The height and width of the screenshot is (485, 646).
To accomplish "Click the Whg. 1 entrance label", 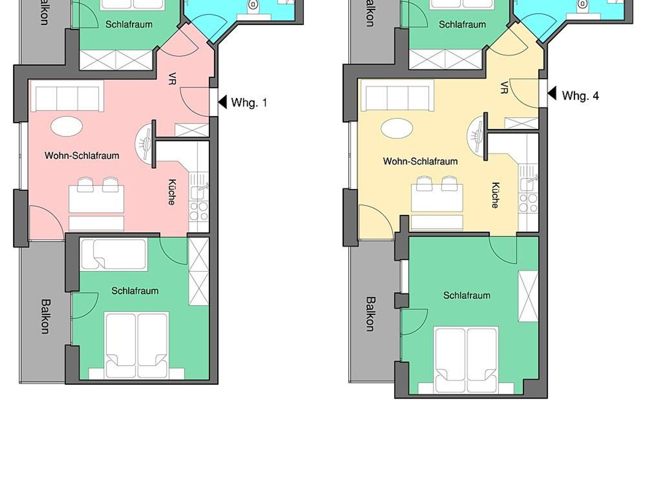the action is [x=249, y=103].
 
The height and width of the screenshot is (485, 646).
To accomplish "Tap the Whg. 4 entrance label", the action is [x=580, y=96].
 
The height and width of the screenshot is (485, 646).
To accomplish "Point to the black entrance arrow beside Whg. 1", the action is [x=222, y=102].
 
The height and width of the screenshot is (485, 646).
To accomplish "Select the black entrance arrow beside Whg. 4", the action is [x=552, y=94].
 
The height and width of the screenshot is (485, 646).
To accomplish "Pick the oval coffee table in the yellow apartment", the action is [x=397, y=128].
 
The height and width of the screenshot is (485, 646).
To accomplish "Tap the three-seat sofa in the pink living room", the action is [x=67, y=96].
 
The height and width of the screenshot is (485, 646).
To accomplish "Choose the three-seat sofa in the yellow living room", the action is [x=397, y=95].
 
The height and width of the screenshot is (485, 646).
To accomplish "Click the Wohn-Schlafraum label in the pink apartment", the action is [x=82, y=155].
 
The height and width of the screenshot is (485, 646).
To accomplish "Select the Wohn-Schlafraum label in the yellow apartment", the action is [x=420, y=161].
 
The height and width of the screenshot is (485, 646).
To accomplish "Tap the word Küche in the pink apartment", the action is [x=172, y=192].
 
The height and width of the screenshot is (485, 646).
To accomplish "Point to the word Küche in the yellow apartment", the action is [x=496, y=195].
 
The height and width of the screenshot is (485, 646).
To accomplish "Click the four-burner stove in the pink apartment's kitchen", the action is [x=199, y=211].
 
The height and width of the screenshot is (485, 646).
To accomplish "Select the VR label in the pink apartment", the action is [x=172, y=79].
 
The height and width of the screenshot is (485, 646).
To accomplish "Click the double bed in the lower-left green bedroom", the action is [x=136, y=346].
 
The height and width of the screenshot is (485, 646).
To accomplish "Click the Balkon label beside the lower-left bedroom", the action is [x=46, y=316].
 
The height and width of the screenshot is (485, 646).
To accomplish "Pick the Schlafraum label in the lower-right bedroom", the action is [x=467, y=295].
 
